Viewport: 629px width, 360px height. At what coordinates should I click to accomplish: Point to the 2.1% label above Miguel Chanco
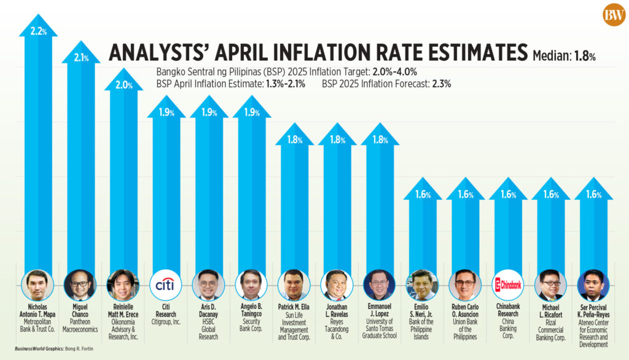[80, 58]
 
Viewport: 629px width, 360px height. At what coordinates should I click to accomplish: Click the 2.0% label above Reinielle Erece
[123, 85]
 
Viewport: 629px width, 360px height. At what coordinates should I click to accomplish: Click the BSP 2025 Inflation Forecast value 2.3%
[442, 84]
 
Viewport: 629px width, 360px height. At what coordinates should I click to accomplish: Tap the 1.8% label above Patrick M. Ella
[294, 139]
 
